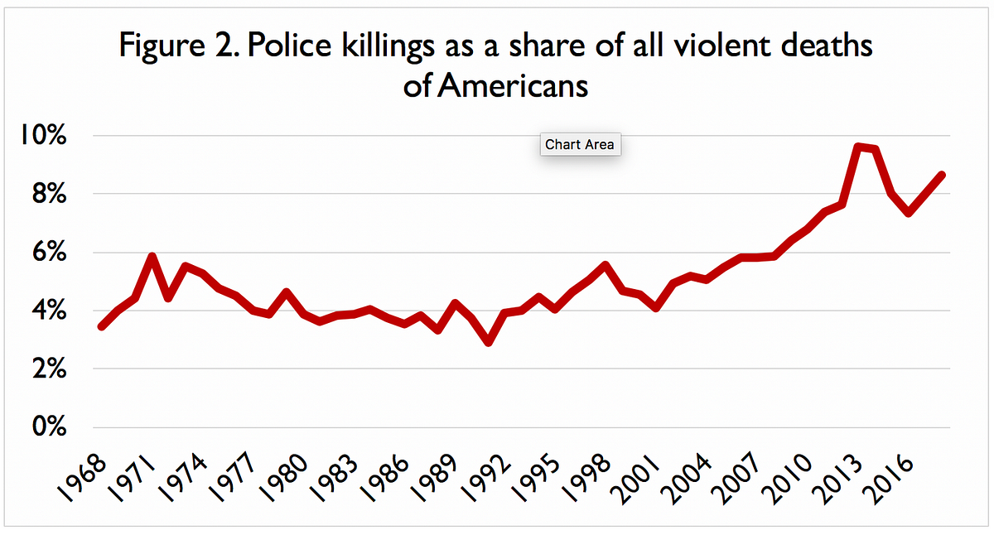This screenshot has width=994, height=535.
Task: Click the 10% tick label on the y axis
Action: tap(41, 136)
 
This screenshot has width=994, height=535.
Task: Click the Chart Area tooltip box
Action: tap(580, 145)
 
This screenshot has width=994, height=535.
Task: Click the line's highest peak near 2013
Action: tap(858, 147)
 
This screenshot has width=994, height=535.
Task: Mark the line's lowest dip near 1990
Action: tap(489, 341)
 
